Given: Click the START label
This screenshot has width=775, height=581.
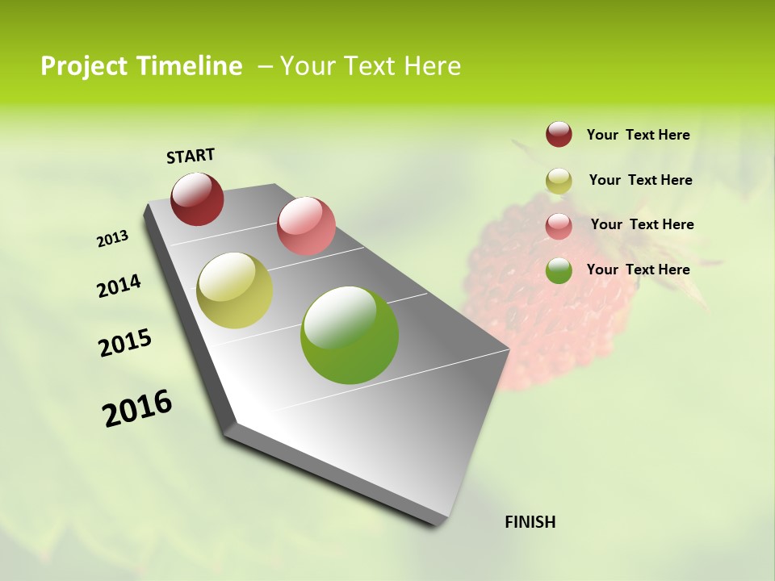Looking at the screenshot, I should pyautogui.click(x=191, y=155).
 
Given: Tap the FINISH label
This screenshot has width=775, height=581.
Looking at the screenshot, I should pyautogui.click(x=530, y=522).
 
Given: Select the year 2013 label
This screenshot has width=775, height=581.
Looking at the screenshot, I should pyautogui.click(x=113, y=239).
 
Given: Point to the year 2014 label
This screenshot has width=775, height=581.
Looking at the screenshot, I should pyautogui.click(x=119, y=286).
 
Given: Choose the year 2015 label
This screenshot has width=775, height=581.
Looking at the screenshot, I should pyautogui.click(x=125, y=343).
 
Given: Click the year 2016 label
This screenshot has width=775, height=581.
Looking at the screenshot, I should pyautogui.click(x=137, y=408).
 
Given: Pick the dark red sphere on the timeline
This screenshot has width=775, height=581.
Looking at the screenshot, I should pyautogui.click(x=197, y=199).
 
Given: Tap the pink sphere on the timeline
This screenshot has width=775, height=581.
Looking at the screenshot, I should pyautogui.click(x=306, y=226).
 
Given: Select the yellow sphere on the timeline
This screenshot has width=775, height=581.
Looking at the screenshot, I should pyautogui.click(x=234, y=290).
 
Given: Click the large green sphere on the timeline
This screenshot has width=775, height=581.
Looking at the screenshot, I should pyautogui.click(x=350, y=335).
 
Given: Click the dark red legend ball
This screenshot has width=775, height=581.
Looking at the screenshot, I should pyautogui.click(x=559, y=135).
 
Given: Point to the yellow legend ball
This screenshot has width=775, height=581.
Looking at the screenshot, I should pyautogui.click(x=559, y=181).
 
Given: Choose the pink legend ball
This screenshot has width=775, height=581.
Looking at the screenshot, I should pyautogui.click(x=559, y=226).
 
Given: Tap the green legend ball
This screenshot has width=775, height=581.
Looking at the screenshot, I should pyautogui.click(x=559, y=270).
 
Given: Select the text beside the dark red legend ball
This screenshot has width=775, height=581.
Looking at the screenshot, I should pyautogui.click(x=638, y=136).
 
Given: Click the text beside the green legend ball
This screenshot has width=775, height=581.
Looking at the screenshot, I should pyautogui.click(x=638, y=270).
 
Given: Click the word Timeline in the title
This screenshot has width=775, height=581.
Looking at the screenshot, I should pyautogui.click(x=190, y=66).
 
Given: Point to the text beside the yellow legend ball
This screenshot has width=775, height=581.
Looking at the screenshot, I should pyautogui.click(x=640, y=180).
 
